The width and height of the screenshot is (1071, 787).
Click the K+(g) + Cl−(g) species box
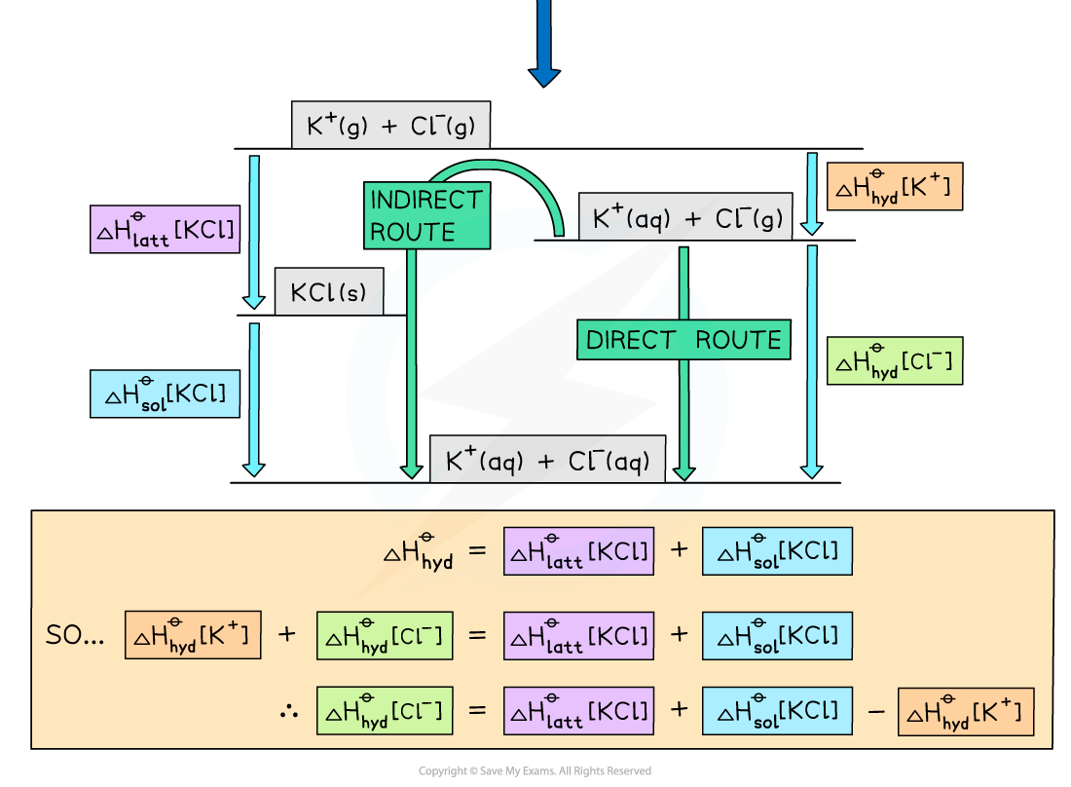coord(389,126)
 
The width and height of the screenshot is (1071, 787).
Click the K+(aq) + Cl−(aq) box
coord(547,461)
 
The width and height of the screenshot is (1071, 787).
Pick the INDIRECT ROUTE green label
coord(425,215)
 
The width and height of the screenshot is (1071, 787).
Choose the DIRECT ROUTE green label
coord(683,340)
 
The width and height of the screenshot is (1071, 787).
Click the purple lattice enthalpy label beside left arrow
coord(165,230)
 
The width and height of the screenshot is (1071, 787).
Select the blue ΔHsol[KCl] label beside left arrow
coord(165,393)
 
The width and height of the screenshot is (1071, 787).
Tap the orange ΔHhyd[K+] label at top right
coord(894,186)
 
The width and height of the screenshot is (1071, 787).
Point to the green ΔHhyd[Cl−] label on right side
coord(894,361)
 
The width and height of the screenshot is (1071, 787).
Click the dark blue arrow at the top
coord(543,44)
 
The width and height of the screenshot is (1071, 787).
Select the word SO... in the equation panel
coord(75,635)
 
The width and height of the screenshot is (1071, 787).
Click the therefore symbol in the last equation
coord(288,711)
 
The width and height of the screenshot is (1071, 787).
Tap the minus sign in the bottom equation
coord(875,712)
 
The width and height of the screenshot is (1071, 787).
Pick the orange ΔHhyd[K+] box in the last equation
coord(965,712)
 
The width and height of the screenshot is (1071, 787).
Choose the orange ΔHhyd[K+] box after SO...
coord(193,635)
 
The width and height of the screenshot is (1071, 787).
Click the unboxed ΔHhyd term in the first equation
coord(418,551)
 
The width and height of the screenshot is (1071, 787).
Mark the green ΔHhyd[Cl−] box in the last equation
coord(385,712)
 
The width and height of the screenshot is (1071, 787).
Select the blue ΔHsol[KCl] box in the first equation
coord(777,551)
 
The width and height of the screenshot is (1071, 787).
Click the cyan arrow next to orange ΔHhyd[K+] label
coord(812,194)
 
